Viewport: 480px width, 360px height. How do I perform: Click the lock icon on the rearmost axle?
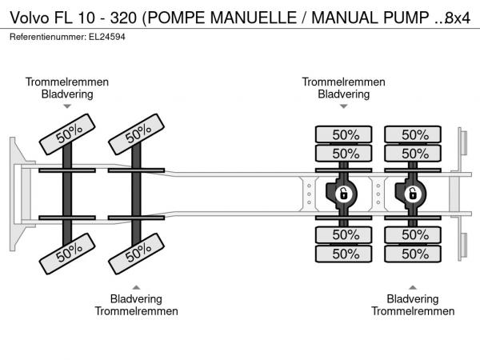click(x=413, y=194)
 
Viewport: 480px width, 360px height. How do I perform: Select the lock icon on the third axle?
click(x=343, y=194)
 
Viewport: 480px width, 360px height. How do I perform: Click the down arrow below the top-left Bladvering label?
click(x=67, y=106)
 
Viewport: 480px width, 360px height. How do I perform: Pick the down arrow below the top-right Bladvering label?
click(x=343, y=106)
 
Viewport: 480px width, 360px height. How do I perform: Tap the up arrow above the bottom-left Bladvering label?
click(x=136, y=287)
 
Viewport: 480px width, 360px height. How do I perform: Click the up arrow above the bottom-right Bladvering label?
click(x=412, y=287)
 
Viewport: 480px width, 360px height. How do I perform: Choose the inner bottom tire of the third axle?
click(x=344, y=234)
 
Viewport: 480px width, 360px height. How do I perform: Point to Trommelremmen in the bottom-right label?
click(x=412, y=311)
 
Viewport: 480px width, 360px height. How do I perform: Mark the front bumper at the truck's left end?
click(x=17, y=193)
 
